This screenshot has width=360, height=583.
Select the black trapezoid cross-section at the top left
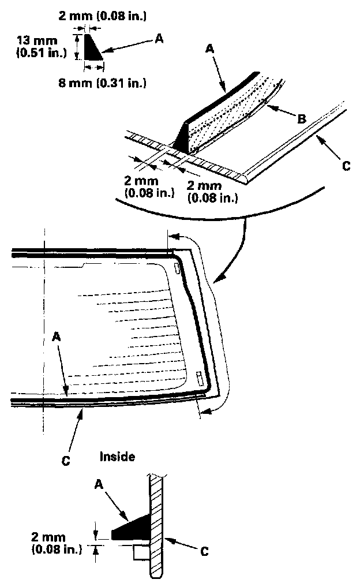tap(92, 47)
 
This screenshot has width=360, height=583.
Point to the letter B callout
tap(301, 119)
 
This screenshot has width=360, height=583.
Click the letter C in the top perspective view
tap(346, 166)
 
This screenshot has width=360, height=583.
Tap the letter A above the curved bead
tap(210, 51)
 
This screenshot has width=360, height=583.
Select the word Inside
tap(117, 457)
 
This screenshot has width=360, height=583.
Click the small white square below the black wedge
tap(140, 553)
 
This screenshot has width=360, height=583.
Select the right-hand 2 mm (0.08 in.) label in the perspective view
tap(212, 191)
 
